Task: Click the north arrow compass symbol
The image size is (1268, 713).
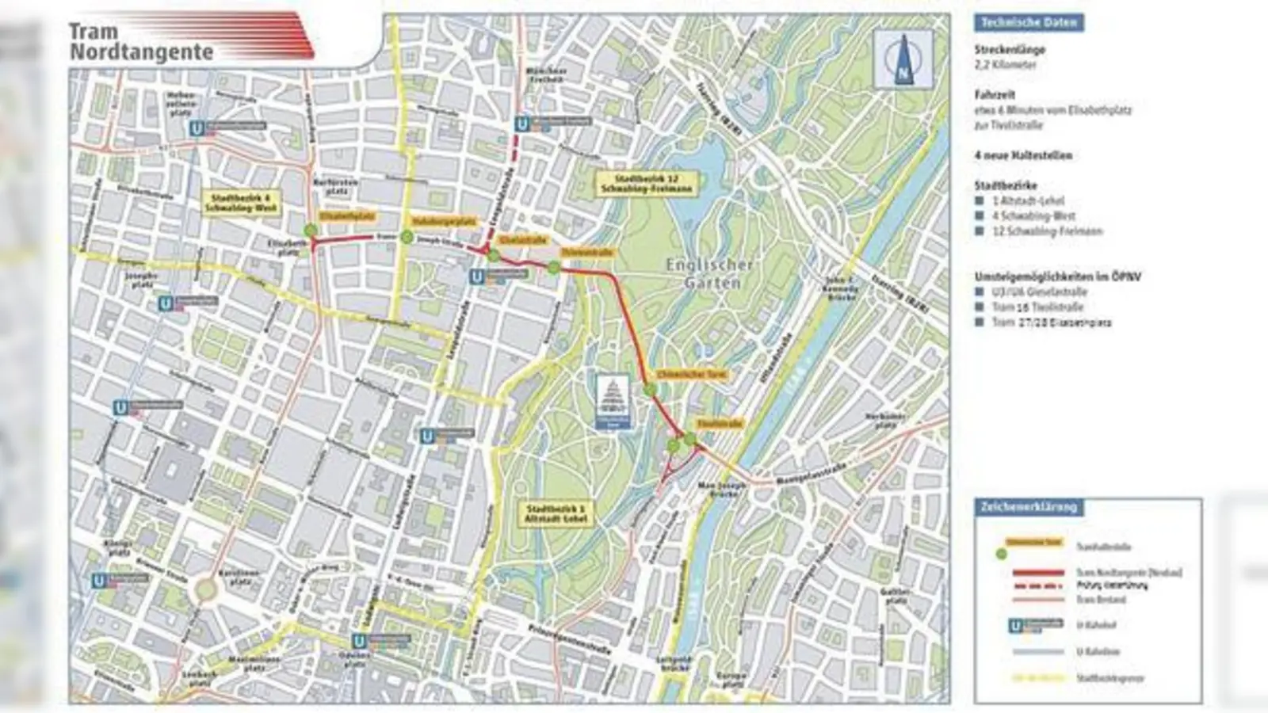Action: pyautogui.click(x=903, y=60)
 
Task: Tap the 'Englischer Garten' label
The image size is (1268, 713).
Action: pyautogui.click(x=709, y=273)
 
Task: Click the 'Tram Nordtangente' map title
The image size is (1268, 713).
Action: pyautogui.click(x=140, y=42)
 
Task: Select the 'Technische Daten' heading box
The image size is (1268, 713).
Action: pyautogui.click(x=1029, y=23)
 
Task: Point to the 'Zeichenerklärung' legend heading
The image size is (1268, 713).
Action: pyautogui.click(x=1029, y=506)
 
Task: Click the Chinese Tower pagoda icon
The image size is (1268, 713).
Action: pyautogui.click(x=614, y=400)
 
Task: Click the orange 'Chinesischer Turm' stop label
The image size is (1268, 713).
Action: pyautogui.click(x=692, y=373)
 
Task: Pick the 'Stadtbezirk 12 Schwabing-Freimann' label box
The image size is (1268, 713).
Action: pyautogui.click(x=648, y=184)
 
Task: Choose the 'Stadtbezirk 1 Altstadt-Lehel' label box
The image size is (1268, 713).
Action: pyautogui.click(x=558, y=513)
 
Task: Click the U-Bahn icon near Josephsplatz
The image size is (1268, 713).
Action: pyautogui.click(x=166, y=303)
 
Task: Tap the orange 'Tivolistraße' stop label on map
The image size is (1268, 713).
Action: pyautogui.click(x=720, y=424)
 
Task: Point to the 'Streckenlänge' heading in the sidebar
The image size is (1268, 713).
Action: pyautogui.click(x=1010, y=49)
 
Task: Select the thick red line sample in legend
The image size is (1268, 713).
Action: pyautogui.click(x=1037, y=572)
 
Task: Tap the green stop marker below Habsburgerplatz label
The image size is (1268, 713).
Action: pyautogui.click(x=407, y=236)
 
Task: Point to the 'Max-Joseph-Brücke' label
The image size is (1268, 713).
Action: pyautogui.click(x=718, y=489)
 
